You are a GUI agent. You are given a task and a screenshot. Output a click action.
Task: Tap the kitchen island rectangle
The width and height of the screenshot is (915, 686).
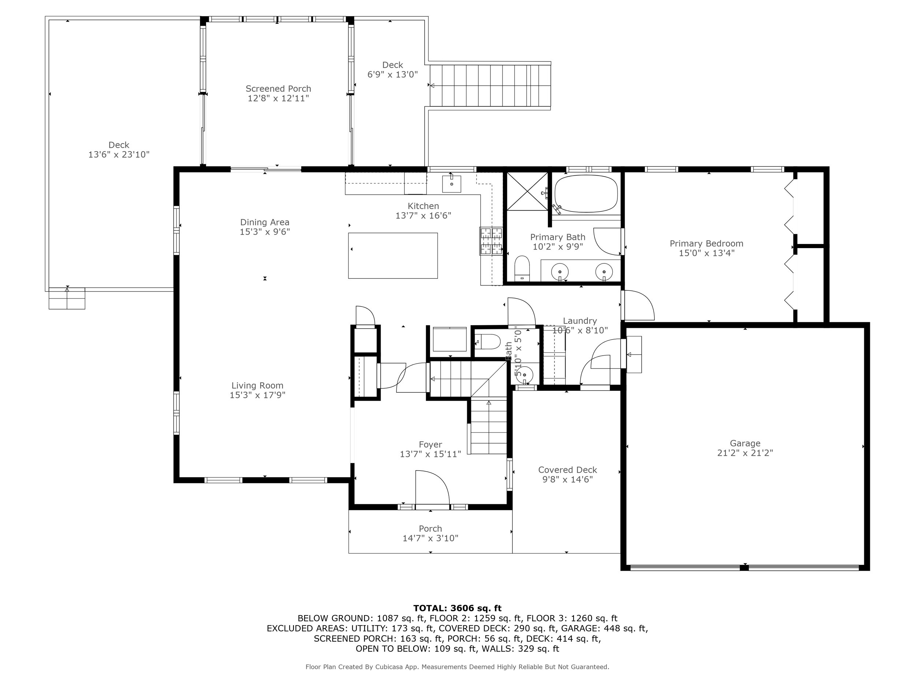393,255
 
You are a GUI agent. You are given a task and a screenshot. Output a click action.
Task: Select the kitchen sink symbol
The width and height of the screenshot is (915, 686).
451,184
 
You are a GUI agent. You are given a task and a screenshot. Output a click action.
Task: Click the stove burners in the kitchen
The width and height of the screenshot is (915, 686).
491,241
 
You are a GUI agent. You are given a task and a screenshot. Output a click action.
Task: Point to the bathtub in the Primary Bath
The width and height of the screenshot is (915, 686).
586,194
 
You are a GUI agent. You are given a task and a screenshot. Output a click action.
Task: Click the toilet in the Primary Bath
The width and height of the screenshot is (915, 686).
522,268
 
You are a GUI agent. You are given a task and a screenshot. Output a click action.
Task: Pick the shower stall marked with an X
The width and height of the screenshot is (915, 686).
527,191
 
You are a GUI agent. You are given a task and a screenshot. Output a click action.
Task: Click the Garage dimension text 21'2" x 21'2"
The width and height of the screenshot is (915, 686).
745,453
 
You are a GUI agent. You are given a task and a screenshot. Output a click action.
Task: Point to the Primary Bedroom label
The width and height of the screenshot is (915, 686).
706,244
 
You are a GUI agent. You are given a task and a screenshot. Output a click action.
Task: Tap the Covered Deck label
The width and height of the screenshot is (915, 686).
567,470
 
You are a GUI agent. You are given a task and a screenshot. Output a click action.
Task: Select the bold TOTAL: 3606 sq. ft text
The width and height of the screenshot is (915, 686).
457,608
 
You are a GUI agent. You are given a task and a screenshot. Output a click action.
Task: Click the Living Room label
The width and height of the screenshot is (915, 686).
257,385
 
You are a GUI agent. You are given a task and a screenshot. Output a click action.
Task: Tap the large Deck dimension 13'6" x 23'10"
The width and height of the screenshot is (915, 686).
119,155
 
